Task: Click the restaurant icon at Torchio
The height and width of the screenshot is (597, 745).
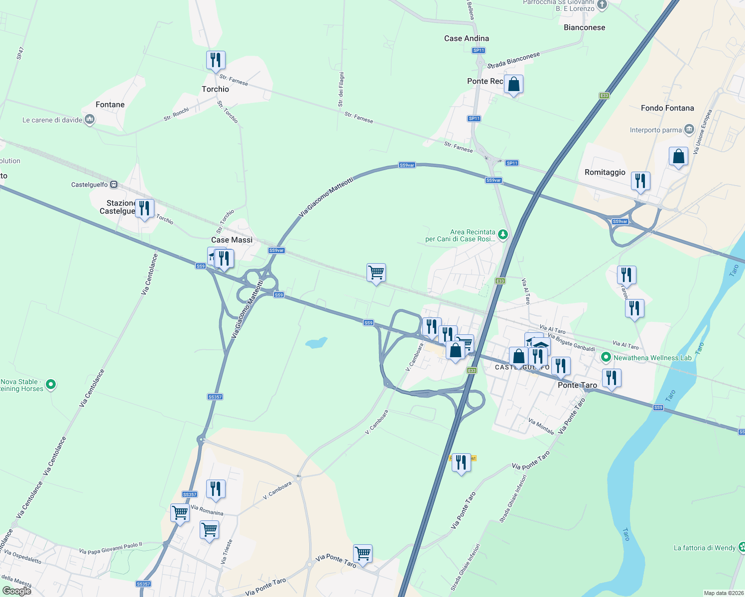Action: tap(216, 61)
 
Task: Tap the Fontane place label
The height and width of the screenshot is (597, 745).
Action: tap(110, 104)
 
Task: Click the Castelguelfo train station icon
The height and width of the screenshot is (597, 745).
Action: tap(114, 185)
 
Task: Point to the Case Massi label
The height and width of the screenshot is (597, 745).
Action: tap(232, 240)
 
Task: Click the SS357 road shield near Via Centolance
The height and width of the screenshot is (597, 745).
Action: tap(215, 397)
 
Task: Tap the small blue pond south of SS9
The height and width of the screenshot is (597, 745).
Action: tap(316, 343)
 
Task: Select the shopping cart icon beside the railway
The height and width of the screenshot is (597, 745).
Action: tap(376, 273)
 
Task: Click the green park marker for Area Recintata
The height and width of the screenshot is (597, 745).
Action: tap(503, 234)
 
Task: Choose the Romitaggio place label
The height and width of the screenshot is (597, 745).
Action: tap(605, 172)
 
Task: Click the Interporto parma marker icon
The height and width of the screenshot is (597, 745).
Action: tap(689, 129)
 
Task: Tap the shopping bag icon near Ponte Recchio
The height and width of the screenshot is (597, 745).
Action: tap(513, 85)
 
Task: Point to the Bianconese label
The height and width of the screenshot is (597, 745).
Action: tap(584, 27)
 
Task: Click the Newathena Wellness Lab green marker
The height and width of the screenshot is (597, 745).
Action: tap(606, 357)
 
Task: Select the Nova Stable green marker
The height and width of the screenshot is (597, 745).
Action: tap(51, 384)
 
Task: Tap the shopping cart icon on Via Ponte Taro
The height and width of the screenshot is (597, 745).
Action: tap(363, 554)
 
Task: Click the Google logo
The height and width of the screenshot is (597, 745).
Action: tap(17, 591)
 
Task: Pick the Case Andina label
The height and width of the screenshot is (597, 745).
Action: tap(466, 38)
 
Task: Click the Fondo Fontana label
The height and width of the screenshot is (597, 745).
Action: tap(667, 108)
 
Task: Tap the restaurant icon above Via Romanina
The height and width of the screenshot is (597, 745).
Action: tap(216, 490)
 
